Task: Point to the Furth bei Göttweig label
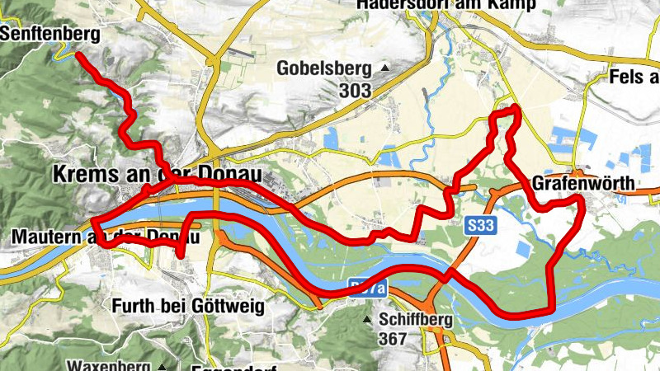pos(187,307)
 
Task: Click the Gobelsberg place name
pos(325,68)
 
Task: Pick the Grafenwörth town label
pos(584,183)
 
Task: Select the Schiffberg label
pos(412,319)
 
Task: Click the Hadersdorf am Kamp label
pos(446,5)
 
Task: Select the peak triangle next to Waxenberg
pos(163,366)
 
